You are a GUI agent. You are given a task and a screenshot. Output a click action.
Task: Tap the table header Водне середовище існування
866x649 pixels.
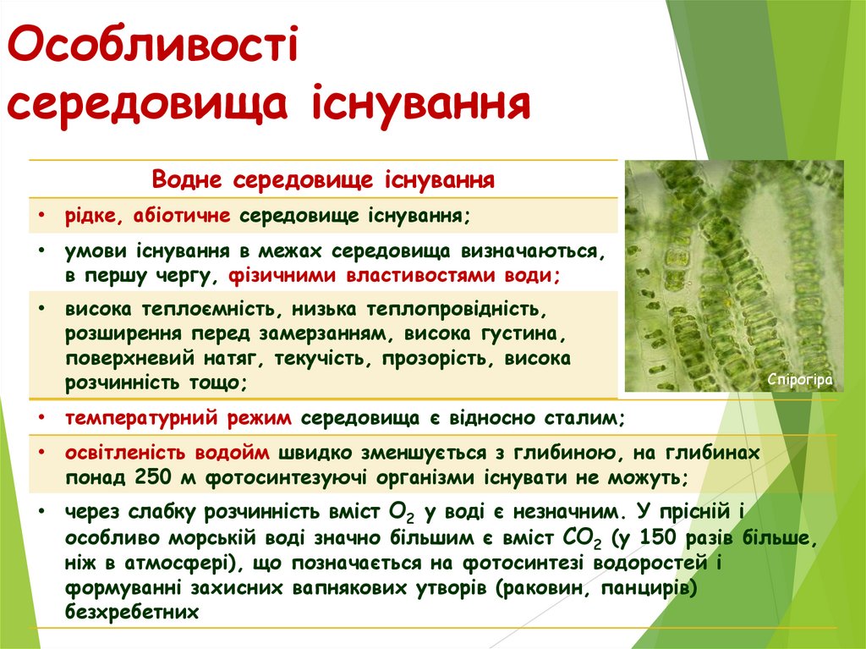click(x=323, y=180)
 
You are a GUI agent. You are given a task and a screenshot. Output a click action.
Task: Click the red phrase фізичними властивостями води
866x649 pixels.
click(x=393, y=275)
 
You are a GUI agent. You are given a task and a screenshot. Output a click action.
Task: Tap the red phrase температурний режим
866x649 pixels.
click(x=179, y=417)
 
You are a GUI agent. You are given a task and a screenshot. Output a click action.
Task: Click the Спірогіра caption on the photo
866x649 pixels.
click(x=799, y=380)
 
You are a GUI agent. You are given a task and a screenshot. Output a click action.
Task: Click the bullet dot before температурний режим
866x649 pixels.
click(x=41, y=417)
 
